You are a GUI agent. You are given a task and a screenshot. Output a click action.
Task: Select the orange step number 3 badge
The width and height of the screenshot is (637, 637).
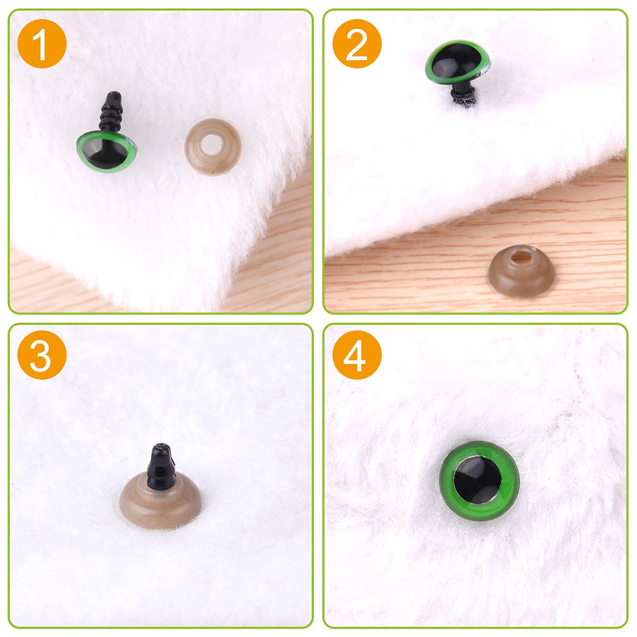(x=42, y=355)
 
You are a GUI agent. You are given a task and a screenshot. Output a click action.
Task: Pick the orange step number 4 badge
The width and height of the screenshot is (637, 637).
(x=357, y=355)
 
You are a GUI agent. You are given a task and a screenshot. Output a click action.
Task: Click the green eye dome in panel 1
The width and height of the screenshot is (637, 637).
(x=108, y=150)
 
